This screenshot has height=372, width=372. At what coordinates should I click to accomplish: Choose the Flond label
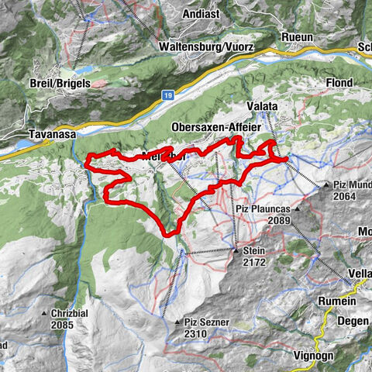tap(339, 83)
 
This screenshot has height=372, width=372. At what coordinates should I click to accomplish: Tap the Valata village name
tap(263, 107)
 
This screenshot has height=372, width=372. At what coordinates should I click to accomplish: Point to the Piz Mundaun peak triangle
tap(326, 185)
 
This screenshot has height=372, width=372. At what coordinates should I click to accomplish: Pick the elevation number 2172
tap(253, 263)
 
